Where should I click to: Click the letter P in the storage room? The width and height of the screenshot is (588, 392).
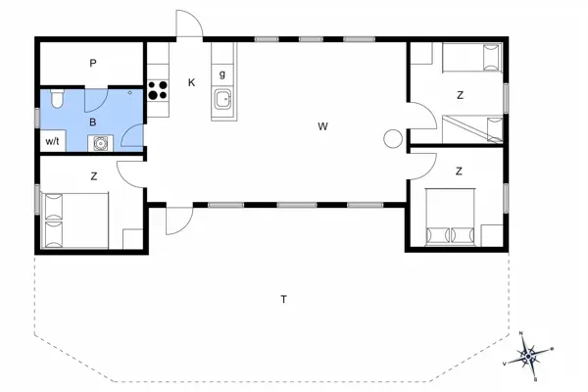coord(93,64)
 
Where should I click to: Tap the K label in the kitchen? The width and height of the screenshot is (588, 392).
coord(191,82)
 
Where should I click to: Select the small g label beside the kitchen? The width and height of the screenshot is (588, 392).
coord(222,74)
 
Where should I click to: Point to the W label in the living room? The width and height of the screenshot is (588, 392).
coord(321,126)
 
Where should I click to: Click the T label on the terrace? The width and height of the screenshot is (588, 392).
coord(283,299)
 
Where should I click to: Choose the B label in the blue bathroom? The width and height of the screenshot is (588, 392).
coord(93,122)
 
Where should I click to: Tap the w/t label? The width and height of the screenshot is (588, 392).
coord(52,142)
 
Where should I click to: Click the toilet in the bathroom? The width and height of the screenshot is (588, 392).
coord(57,98)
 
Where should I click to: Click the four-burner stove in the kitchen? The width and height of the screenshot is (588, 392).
coord(157,91)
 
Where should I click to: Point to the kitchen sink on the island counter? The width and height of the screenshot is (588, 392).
coord(224,98)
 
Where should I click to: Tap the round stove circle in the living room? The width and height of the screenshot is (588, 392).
coord(393,139)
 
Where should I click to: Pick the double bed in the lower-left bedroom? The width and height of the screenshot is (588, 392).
coord(73,220)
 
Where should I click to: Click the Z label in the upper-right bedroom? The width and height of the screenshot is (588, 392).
coord(459,95)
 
